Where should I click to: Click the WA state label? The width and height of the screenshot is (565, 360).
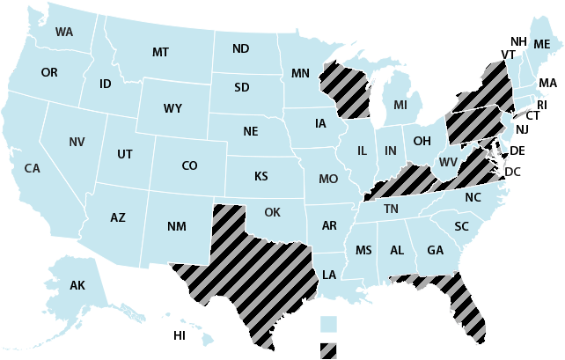pos(63,33)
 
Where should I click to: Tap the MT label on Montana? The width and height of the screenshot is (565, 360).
pos(159,53)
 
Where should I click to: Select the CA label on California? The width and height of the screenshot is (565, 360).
pos(32,168)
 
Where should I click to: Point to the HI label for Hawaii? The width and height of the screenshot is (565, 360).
pos(180,335)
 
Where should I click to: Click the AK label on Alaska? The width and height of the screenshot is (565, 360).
pos(77,285)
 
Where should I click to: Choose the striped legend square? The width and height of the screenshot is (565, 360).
pos(328,350)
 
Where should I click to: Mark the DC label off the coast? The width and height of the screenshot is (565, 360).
pos(513,171)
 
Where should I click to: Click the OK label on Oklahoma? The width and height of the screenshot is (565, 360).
pos(272,212)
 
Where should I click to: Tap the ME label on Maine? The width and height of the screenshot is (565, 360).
pos(541,44)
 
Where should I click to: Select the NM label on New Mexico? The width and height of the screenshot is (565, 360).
pos(176,227)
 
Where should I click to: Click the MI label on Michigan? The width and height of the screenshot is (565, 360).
pos(400,106)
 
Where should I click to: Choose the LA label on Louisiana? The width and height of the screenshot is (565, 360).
pos(329,275)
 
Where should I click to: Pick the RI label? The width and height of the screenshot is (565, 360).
pos(542,105)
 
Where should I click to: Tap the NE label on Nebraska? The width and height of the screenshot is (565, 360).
pos(251,132)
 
